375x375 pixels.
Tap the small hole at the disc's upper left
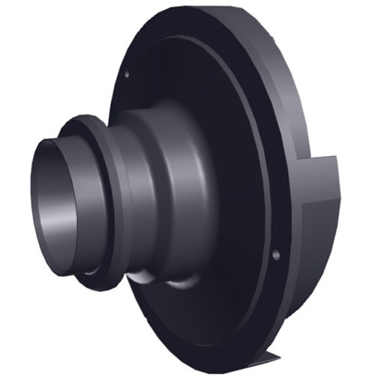click(x=128, y=74)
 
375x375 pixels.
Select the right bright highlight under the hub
click(x=180, y=283)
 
